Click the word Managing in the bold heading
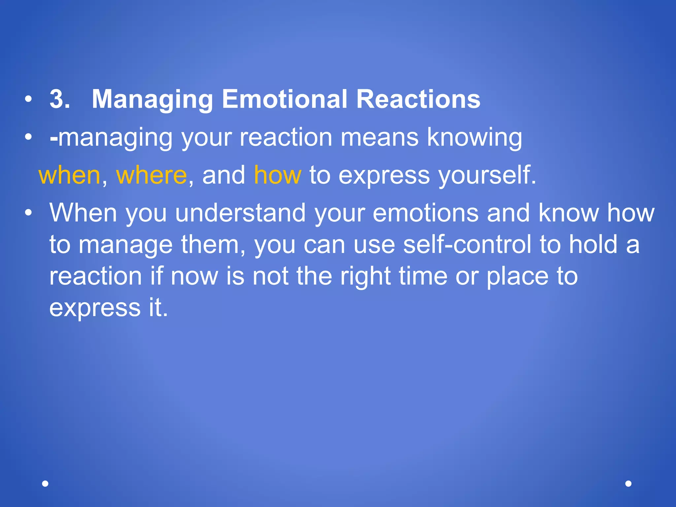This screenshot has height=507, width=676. point(152,100)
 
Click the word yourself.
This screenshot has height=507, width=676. point(487,176)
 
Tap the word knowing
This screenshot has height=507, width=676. point(474,138)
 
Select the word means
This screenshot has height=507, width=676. point(379,138)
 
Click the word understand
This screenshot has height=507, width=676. point(240,213)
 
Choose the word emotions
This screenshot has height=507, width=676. point(425,213)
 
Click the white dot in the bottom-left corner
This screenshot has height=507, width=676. point(46,484)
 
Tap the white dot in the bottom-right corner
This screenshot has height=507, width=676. point(628,484)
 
